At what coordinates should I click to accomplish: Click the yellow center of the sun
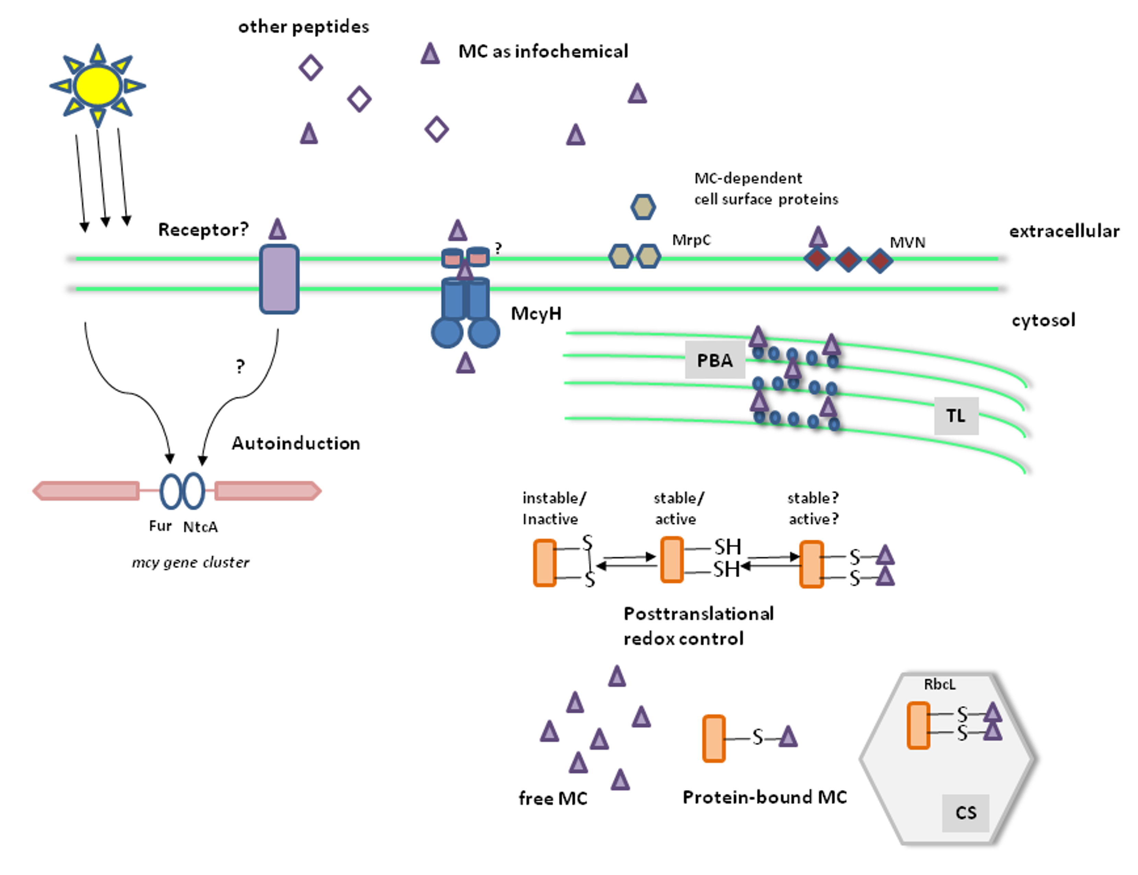click(97, 86)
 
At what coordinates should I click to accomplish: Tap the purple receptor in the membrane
click(279, 279)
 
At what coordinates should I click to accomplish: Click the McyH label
click(536, 314)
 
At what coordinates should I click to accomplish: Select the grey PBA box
click(715, 360)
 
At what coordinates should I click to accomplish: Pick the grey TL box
click(956, 416)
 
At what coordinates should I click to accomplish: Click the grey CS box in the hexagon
click(965, 813)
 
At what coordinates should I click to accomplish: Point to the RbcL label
click(940, 684)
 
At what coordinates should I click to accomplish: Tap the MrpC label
click(691, 240)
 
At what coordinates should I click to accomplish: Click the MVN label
click(907, 243)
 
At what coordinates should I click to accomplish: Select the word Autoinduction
click(296, 443)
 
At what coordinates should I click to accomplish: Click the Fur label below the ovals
click(160, 526)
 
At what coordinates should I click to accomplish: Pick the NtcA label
click(200, 527)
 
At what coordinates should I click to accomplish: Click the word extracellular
click(1064, 231)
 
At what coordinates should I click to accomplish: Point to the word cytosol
click(1043, 320)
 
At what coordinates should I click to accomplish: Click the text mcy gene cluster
click(191, 563)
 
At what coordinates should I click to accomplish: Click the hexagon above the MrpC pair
click(643, 207)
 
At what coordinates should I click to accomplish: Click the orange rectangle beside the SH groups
click(671, 559)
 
